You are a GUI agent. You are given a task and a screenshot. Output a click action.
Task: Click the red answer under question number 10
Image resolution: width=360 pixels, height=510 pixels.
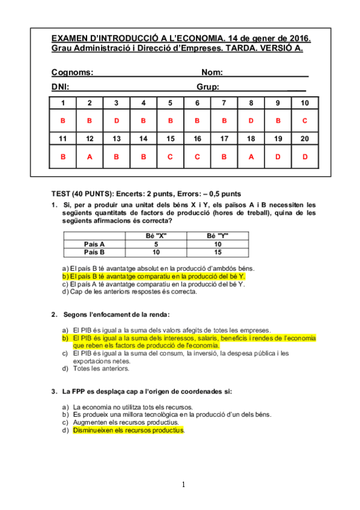[x=305, y=121]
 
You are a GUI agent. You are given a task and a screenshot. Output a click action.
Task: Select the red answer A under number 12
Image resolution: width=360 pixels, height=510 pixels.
[x=90, y=157]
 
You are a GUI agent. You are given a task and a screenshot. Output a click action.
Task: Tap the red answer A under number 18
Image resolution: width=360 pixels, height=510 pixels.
[x=251, y=157]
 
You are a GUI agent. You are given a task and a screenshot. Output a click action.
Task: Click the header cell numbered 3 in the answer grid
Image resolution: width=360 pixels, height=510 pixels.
[x=116, y=103]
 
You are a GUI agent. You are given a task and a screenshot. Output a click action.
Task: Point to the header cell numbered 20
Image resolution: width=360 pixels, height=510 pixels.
[x=305, y=139]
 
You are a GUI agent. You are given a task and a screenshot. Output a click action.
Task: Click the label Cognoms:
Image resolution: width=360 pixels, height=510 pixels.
[x=72, y=72]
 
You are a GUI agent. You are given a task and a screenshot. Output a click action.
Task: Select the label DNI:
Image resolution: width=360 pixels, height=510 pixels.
[x=60, y=87]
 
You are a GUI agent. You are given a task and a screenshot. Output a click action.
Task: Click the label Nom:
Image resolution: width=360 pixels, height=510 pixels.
[x=212, y=72]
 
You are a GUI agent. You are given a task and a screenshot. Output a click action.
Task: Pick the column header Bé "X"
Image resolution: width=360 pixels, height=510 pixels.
[x=156, y=236]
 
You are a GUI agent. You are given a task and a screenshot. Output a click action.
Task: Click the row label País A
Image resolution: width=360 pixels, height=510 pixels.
[x=94, y=244]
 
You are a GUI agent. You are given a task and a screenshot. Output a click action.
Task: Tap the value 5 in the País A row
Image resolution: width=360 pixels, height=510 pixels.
[x=156, y=244]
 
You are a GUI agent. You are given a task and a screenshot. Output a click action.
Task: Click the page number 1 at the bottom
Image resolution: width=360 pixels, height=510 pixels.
[x=184, y=485]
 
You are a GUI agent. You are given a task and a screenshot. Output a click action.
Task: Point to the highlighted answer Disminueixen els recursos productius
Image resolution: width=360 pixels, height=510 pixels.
[x=129, y=431]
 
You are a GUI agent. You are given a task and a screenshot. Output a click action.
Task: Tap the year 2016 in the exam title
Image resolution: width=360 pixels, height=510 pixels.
[x=296, y=38]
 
